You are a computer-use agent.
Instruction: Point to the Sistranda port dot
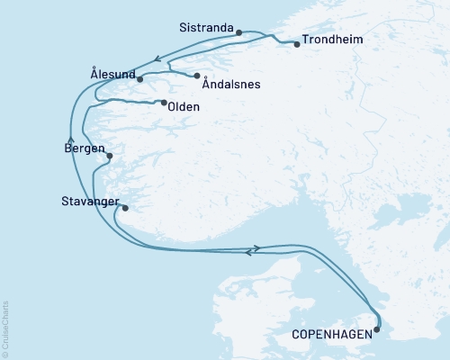pos(239,33)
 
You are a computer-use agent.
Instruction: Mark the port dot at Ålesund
pos(140,80)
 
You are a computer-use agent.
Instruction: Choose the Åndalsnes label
pos(231,85)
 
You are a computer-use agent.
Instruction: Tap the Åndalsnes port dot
pos(197,76)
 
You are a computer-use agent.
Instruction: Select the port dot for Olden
pos(163,103)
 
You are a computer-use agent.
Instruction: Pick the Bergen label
pos(85,148)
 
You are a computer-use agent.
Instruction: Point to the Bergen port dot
pos(110,156)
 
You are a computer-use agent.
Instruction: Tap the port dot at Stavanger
pos(125,209)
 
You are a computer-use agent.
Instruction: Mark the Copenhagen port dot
pos(376,328)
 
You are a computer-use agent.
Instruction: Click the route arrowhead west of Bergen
pos(70,139)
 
